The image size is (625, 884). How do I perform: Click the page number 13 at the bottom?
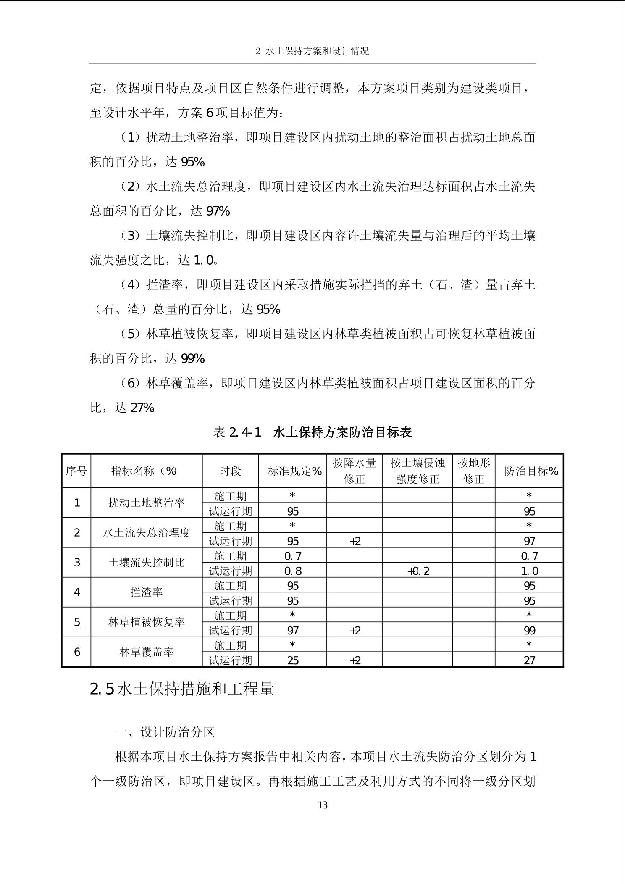[323, 805]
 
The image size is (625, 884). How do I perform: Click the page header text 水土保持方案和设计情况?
[312, 51]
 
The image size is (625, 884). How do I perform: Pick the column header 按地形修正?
[474, 471]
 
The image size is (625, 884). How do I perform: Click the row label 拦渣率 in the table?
[146, 592]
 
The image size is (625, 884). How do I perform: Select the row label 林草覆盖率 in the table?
[146, 652]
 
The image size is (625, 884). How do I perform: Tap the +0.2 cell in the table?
[418, 571]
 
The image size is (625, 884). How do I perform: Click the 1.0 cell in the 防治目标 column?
[529, 571]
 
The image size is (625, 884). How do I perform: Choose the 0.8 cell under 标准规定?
[293, 571]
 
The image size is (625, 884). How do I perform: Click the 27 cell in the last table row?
[529, 660]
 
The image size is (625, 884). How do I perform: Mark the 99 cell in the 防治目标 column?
[529, 630]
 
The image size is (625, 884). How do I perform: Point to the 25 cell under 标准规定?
[293, 660]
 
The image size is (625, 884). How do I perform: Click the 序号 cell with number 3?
[77, 563]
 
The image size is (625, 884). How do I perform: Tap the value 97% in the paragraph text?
[218, 211]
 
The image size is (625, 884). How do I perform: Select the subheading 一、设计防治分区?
[165, 732]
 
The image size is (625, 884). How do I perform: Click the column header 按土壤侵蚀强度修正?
[418, 471]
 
